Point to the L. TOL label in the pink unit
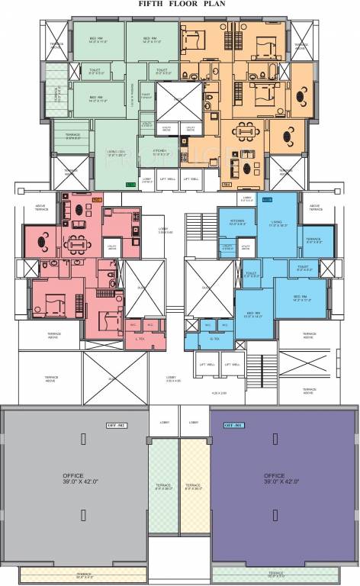click(x=139, y=338)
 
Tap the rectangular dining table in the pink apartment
click(x=74, y=245)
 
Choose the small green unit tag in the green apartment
click(x=130, y=184)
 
